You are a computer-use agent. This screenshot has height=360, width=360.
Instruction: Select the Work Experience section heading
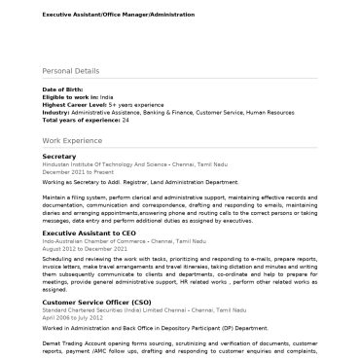click(73, 141)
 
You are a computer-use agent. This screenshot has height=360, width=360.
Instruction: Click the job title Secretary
click(59, 157)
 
